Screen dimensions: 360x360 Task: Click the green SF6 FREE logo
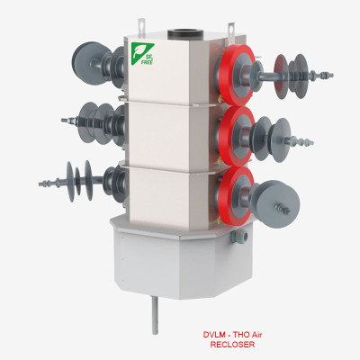coord(142,54)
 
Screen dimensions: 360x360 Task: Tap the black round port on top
coord(184,34)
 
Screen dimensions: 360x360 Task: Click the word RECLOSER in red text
coord(232,345)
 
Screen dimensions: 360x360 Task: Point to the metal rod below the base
coord(155,315)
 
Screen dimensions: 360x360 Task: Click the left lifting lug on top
coord(141,27)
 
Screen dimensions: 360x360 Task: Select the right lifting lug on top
coord(231,31)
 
